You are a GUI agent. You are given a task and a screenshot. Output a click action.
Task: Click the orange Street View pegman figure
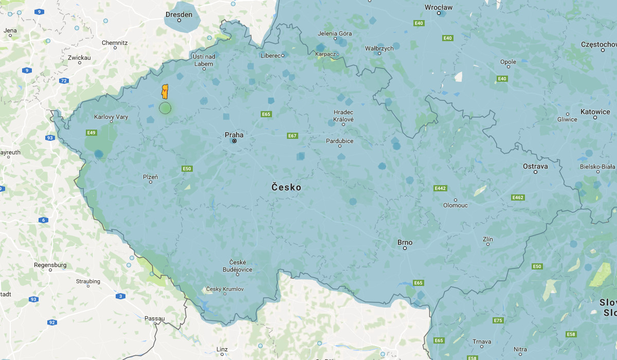pyautogui.click(x=165, y=92)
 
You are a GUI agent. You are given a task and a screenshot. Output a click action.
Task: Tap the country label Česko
pyautogui.click(x=286, y=188)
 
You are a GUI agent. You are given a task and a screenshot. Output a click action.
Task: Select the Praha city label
pyautogui.click(x=234, y=135)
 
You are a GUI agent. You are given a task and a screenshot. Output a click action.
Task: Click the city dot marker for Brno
pyautogui.click(x=405, y=248)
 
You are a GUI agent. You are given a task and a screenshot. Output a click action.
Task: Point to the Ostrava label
pyautogui.click(x=535, y=166)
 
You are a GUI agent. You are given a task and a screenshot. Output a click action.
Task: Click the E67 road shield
pyautogui.click(x=293, y=136)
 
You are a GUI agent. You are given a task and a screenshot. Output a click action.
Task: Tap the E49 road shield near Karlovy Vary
pyautogui.click(x=92, y=133)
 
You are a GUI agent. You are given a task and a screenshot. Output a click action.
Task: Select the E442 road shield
pyautogui.click(x=440, y=188)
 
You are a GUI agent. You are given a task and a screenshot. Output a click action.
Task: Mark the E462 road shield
pyautogui.click(x=518, y=197)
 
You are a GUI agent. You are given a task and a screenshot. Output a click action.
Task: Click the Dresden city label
pyautogui.click(x=179, y=14)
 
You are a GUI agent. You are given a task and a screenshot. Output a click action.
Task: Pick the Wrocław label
pyautogui.click(x=439, y=7)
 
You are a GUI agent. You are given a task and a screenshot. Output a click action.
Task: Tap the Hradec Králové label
pyautogui.click(x=343, y=116)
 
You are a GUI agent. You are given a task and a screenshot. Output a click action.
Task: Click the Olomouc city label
pyautogui.click(x=456, y=205)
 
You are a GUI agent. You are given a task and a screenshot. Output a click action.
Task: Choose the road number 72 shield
pyautogui.click(x=64, y=81)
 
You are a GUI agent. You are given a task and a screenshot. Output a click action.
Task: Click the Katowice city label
pyautogui.click(x=595, y=112)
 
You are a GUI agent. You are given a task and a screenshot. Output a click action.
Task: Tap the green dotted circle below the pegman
pyautogui.click(x=165, y=108)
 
